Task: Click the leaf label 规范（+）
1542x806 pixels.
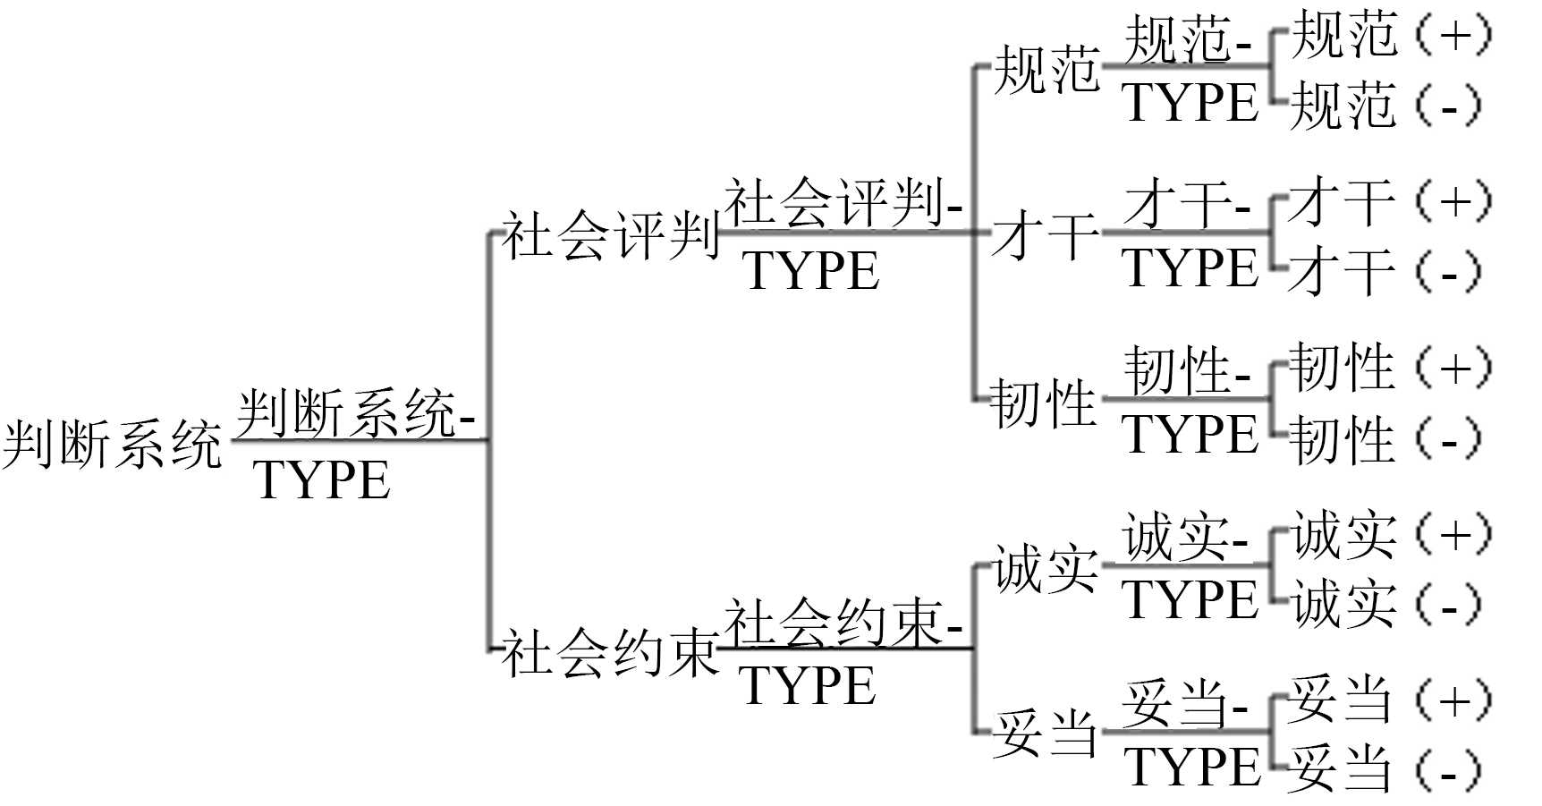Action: [x=1391, y=36]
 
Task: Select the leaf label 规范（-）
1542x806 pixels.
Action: [x=1386, y=106]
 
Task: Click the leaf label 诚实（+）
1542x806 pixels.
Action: [x=1391, y=535]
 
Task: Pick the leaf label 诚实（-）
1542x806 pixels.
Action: [x=1386, y=605]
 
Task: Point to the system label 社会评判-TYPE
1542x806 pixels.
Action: [x=841, y=234]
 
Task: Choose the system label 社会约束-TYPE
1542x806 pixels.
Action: [x=841, y=651]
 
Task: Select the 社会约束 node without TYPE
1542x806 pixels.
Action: [x=609, y=653]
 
